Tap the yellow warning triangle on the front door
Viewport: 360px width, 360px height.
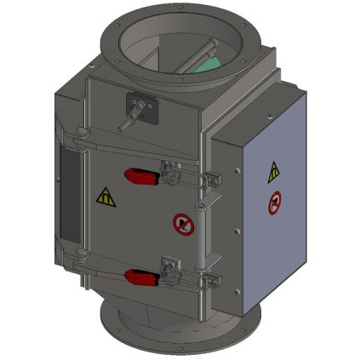point(104,197)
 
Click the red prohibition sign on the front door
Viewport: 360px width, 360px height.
point(181,225)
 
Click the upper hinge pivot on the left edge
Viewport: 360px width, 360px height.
point(79,129)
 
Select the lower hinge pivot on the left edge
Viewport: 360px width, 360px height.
point(79,254)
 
